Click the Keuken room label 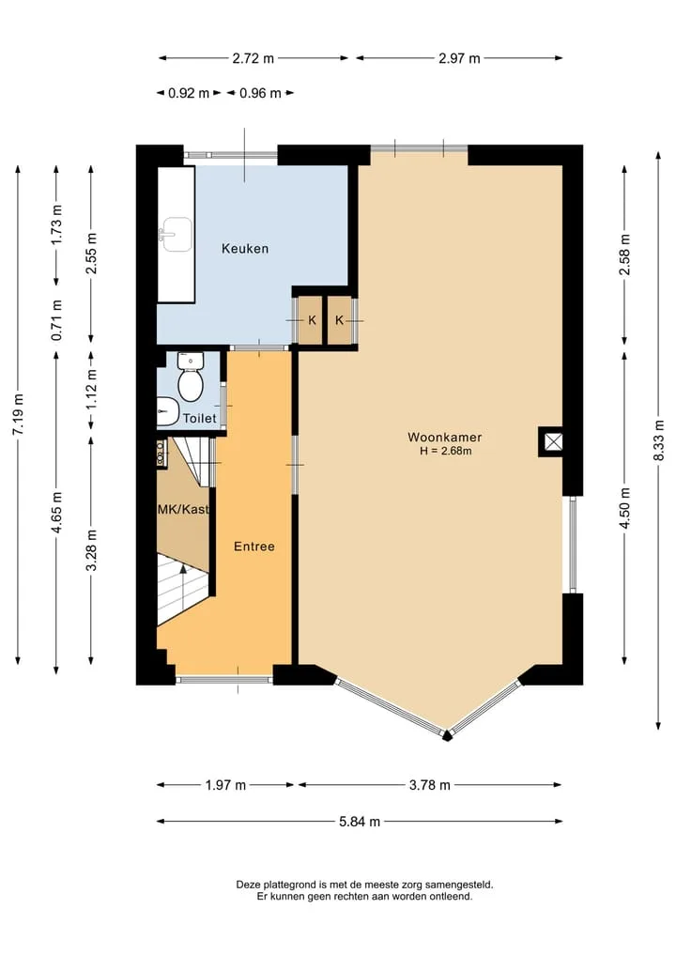(245, 249)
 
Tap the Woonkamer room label (445, 437)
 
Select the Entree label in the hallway (253, 547)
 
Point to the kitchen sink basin (176, 235)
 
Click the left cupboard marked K (312, 320)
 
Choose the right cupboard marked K (339, 320)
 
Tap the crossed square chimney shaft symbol (553, 441)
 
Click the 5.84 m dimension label (360, 822)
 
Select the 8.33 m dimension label (658, 440)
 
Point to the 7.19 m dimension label (18, 414)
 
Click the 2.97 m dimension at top (459, 58)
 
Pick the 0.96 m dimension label (260, 93)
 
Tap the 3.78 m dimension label (429, 785)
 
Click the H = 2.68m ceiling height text (445, 452)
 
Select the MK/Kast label (183, 509)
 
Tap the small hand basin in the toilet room (165, 411)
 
